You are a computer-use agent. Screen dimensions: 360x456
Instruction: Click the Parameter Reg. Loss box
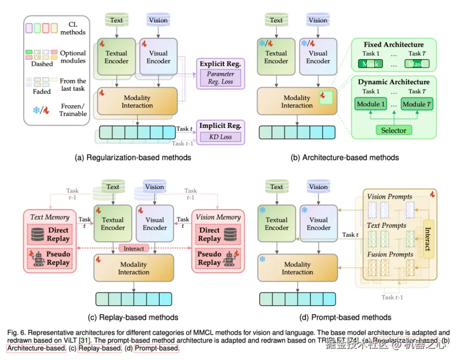pyautogui.click(x=220, y=78)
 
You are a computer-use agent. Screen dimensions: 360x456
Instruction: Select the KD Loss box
pyautogui.click(x=220, y=137)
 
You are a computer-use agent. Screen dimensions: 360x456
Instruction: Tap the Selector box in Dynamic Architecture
pyautogui.click(x=394, y=130)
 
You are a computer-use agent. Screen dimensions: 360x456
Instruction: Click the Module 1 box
pyautogui.click(x=371, y=104)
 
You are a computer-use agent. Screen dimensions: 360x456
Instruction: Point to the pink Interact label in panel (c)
pyautogui.click(x=133, y=249)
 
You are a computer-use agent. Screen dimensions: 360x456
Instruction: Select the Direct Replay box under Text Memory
pyautogui.click(x=50, y=235)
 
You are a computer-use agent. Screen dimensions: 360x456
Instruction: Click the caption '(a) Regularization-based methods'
pyautogui.click(x=133, y=157)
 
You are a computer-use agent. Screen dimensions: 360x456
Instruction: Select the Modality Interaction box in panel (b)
pyautogui.click(x=297, y=101)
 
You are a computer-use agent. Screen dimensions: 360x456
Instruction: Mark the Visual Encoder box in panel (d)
pyautogui.click(x=318, y=224)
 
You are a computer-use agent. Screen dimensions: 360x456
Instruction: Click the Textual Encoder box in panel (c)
pyautogui.click(x=113, y=224)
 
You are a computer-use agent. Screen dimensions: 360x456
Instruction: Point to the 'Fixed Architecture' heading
pyautogui.click(x=394, y=45)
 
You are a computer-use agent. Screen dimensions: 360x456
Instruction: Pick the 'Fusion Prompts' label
pyautogui.click(x=390, y=254)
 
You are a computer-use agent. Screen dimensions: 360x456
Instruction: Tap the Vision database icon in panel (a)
pyautogui.click(x=158, y=20)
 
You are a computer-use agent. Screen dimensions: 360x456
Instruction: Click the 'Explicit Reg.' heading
pyautogui.click(x=220, y=64)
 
